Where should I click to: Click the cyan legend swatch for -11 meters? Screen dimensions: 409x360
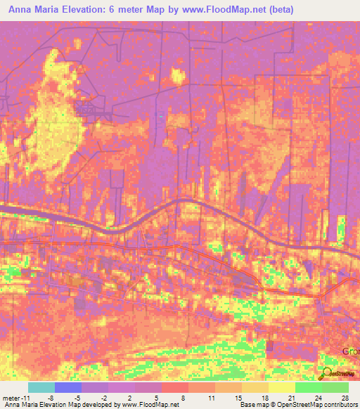(x=41, y=387)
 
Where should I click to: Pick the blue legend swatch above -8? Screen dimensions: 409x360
(x=68, y=387)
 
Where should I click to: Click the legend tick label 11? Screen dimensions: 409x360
(x=212, y=398)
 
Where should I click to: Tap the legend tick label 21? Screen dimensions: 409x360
(x=292, y=398)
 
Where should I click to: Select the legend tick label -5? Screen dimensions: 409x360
(x=77, y=398)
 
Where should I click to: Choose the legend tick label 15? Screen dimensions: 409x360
(x=238, y=398)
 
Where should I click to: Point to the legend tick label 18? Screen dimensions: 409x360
(x=265, y=398)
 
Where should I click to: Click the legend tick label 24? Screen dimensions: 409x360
(x=319, y=398)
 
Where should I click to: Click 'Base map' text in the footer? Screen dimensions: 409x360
(x=253, y=405)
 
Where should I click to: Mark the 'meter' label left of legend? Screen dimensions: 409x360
(x=11, y=398)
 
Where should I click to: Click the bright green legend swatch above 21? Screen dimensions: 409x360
(x=309, y=387)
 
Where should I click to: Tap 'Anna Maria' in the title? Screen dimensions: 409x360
(x=30, y=10)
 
